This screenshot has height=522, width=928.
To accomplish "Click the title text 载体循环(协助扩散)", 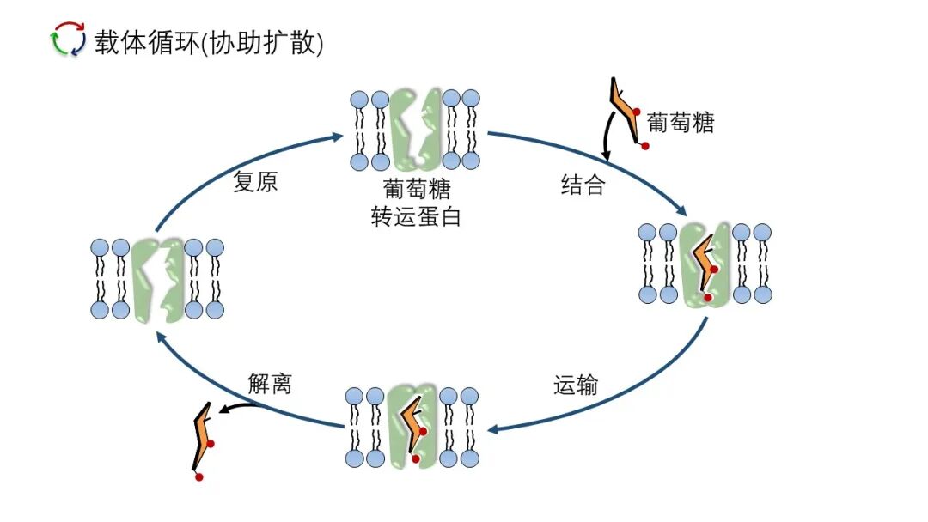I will click(209, 42).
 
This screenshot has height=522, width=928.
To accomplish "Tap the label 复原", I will click(255, 183).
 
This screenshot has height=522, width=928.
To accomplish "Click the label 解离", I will click(270, 384).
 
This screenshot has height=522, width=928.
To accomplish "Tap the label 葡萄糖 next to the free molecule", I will click(681, 123).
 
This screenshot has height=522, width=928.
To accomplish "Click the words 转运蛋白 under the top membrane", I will click(416, 217).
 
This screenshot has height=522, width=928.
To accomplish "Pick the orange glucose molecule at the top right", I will click(627, 112).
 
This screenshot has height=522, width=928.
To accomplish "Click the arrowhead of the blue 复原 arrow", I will click(339, 136).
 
